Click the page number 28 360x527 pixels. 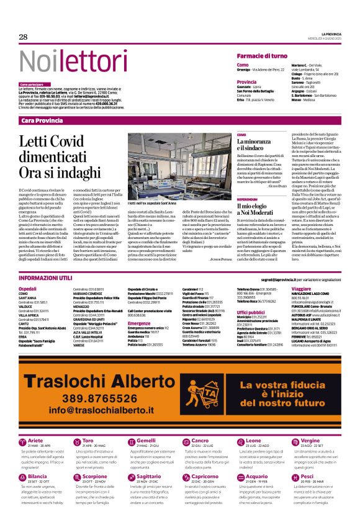(x=24, y=37)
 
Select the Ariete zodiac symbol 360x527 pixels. (x=22, y=442)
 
